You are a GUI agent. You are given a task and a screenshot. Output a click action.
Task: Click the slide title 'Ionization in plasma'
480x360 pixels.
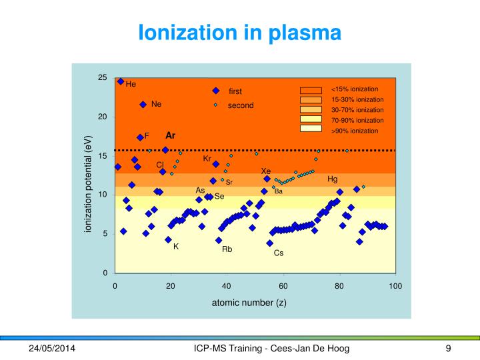(x=239, y=31)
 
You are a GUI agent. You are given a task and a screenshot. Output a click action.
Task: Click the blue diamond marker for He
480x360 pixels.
(x=121, y=81)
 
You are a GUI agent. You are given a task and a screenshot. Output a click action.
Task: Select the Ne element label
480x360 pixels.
(x=157, y=104)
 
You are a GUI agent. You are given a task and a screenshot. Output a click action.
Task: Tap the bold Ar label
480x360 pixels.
(x=170, y=135)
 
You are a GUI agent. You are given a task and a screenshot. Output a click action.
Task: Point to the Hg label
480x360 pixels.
(x=332, y=179)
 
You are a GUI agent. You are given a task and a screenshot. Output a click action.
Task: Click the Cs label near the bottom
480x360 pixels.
(x=279, y=253)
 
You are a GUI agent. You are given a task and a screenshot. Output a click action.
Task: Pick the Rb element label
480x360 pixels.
(x=227, y=249)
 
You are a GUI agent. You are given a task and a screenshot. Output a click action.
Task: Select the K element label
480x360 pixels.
(x=176, y=247)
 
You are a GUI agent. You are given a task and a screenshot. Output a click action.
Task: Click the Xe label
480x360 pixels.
(x=265, y=171)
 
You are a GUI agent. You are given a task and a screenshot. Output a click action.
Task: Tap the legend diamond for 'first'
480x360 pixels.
(x=215, y=91)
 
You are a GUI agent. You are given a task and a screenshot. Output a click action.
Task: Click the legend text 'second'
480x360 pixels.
(x=241, y=105)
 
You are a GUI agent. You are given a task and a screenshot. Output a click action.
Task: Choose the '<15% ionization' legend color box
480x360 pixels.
(x=311, y=89)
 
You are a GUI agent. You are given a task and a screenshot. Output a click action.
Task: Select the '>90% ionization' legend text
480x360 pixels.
(x=355, y=131)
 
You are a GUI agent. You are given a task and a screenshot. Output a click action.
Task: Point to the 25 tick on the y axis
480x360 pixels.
(x=102, y=78)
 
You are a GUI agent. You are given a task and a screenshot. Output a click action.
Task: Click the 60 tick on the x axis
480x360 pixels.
(x=283, y=286)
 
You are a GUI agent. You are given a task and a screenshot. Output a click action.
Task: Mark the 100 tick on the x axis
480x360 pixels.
(x=395, y=286)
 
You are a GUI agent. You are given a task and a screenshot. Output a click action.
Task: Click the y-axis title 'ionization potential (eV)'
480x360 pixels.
(x=87, y=184)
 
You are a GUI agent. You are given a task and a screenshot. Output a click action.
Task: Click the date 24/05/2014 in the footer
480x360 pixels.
(x=52, y=349)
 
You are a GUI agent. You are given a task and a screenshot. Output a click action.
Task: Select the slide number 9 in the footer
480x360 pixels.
(x=449, y=349)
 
